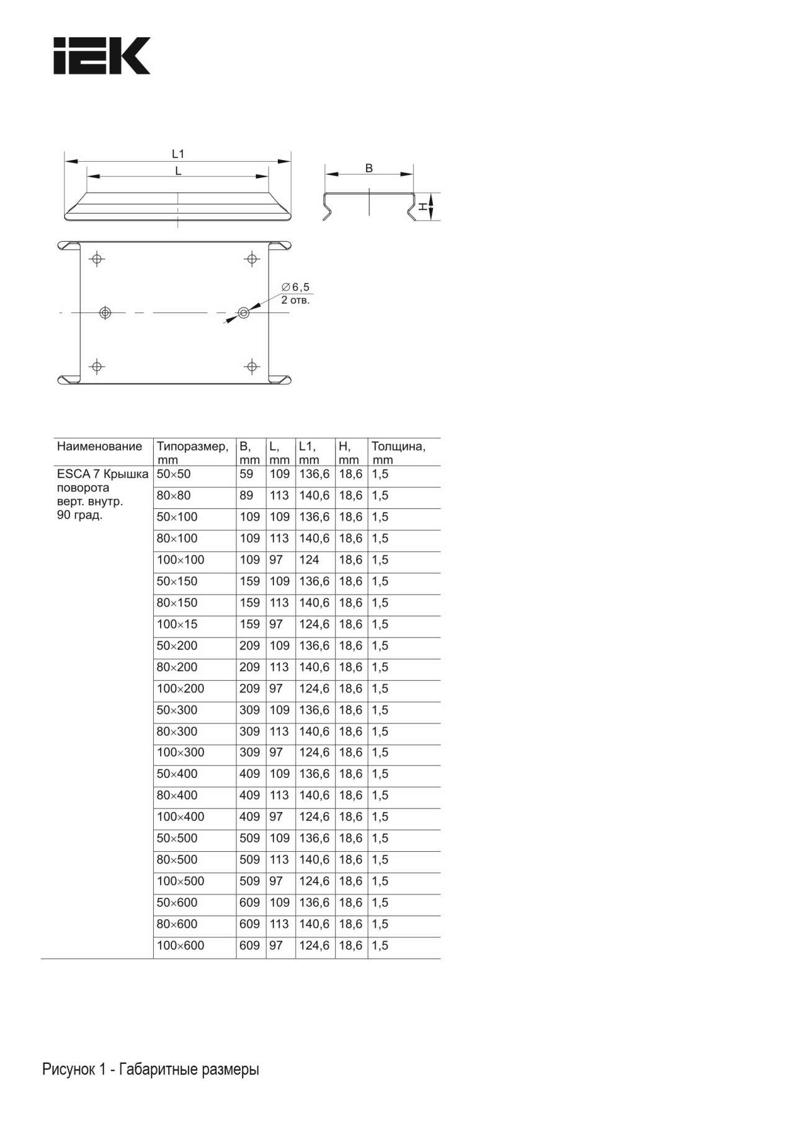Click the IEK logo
click(x=102, y=56)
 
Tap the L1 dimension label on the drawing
click(x=178, y=154)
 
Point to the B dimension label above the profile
click(x=369, y=168)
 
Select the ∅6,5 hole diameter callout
click(x=295, y=287)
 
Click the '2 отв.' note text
click(x=295, y=301)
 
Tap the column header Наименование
click(x=99, y=446)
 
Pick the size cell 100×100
click(x=181, y=560)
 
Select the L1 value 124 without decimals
click(x=309, y=560)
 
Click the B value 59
click(x=246, y=474)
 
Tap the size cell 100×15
click(x=177, y=624)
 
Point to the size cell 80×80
click(x=174, y=495)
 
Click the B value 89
click(x=246, y=495)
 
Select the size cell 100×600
click(x=181, y=945)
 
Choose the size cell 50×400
click(x=177, y=774)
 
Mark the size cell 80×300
click(x=177, y=732)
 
